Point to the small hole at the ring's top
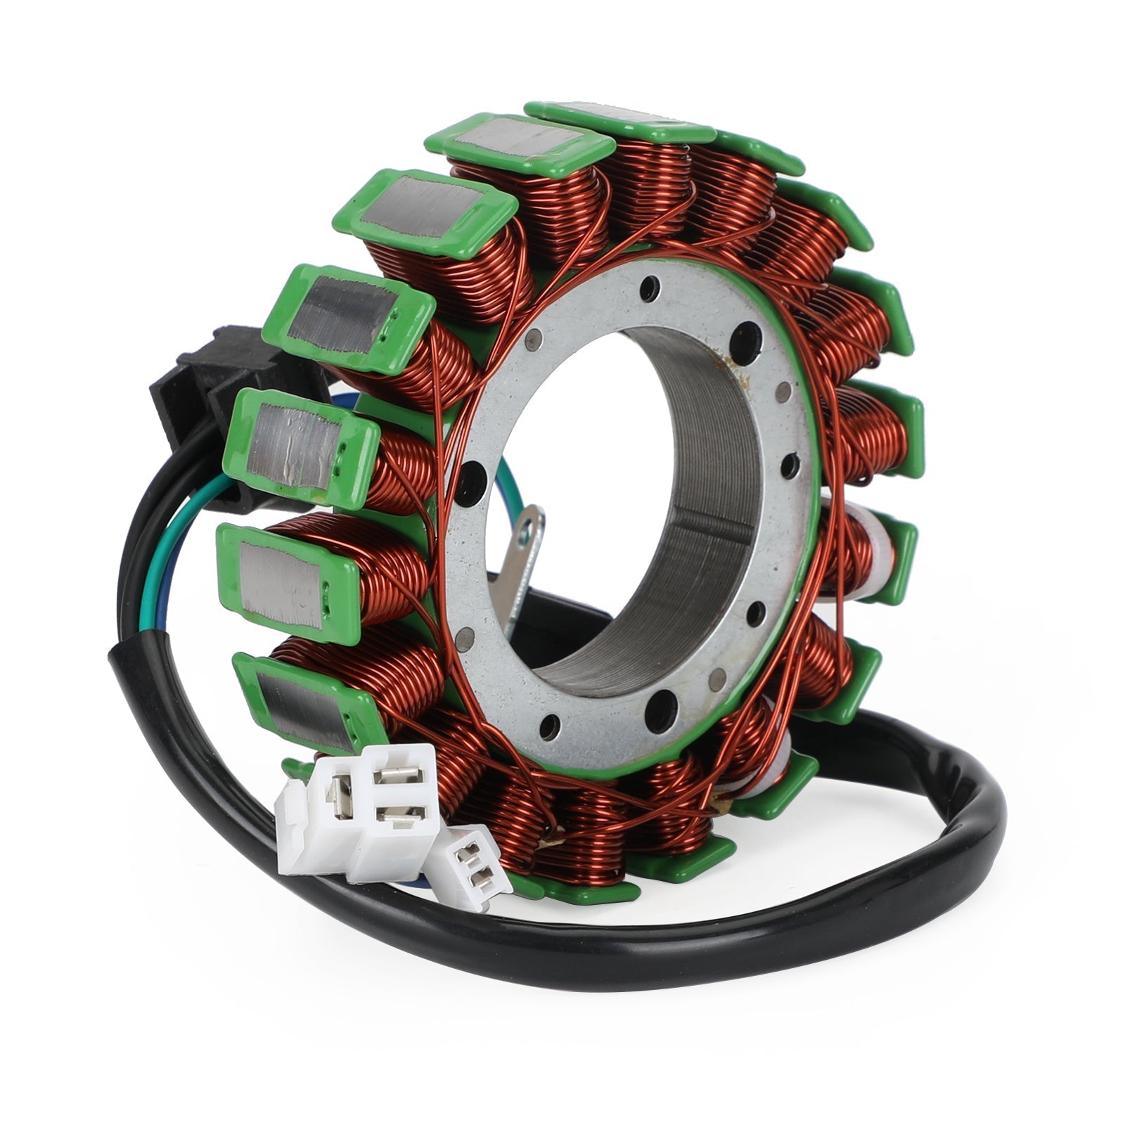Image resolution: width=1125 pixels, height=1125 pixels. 650,288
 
